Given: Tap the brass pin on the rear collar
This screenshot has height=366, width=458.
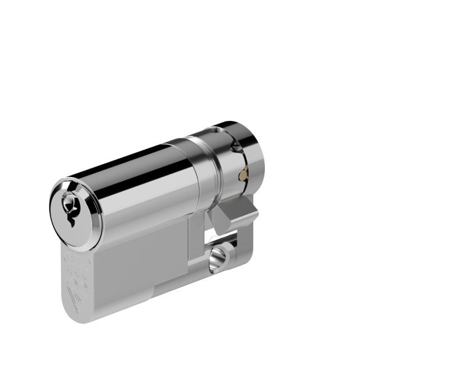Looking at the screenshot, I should (x=243, y=175).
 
